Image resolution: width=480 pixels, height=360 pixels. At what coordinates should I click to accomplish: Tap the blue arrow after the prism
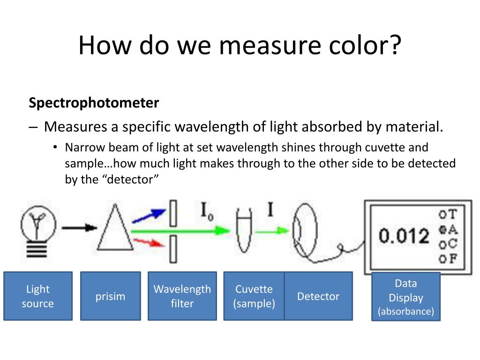pos(149,215)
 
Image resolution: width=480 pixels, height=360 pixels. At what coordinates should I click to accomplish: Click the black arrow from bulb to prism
pos(79,228)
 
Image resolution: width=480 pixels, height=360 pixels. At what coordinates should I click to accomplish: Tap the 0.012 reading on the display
pos(404,236)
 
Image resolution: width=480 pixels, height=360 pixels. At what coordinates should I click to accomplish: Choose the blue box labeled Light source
pos(38,296)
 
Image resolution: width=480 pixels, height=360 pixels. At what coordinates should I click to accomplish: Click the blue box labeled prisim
pos(110,296)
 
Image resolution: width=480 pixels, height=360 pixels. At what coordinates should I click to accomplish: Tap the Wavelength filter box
pos(182,296)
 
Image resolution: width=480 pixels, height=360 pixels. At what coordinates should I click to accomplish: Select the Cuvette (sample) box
pos(254,296)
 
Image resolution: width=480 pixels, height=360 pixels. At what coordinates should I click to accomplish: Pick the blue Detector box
pos(318,296)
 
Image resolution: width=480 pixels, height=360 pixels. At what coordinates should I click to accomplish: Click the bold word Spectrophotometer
pos(94,103)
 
